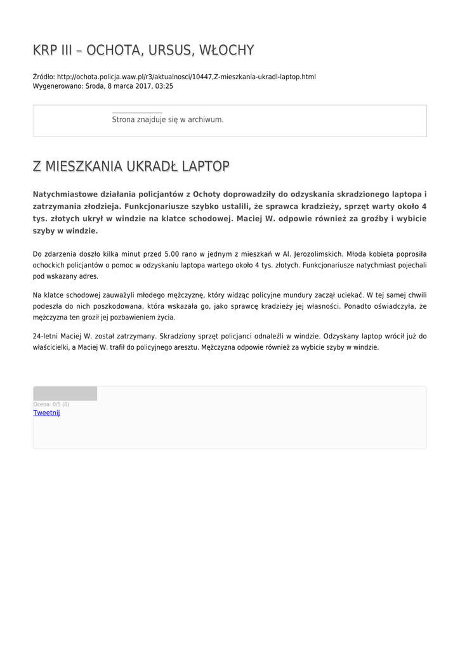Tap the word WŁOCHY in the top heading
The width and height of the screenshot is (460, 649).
point(227,50)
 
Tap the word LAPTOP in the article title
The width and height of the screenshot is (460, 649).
point(205,167)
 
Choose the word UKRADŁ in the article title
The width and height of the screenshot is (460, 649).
point(152,167)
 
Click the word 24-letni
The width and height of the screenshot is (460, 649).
point(45,336)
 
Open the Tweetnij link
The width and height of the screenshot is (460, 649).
point(46,413)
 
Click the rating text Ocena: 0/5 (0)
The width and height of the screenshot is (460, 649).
point(51,404)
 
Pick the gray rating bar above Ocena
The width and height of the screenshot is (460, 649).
point(65,394)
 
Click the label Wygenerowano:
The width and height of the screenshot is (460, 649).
point(57,86)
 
